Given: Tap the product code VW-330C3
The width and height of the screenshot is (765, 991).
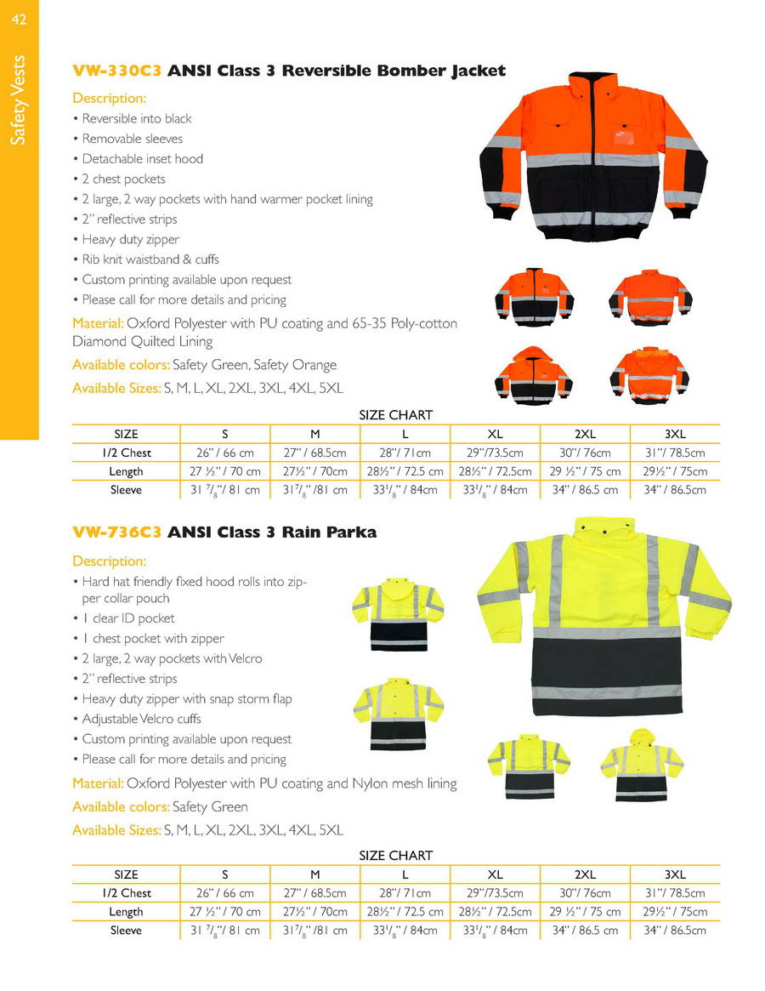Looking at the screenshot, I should tap(117, 71).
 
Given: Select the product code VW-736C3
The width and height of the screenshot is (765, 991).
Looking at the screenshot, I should tap(117, 533).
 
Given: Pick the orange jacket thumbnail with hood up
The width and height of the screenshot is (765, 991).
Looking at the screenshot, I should tap(534, 374).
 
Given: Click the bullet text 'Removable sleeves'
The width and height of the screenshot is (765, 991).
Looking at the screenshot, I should tap(132, 139).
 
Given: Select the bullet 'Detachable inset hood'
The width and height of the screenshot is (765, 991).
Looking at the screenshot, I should tap(142, 159).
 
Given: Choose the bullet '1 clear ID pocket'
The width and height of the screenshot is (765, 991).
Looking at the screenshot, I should tap(128, 618).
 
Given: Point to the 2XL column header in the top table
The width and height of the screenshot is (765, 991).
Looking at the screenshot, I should tap(586, 434).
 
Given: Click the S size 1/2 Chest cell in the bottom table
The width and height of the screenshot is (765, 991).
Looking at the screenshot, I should tap(224, 893).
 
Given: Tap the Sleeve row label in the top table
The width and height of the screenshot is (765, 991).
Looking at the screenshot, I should tap(126, 490).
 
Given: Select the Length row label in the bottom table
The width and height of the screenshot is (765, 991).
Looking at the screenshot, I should tap(126, 912).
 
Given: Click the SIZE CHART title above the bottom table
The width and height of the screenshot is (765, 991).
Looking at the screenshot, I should tap(395, 856).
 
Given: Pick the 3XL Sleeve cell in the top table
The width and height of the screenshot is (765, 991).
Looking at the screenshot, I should tap(675, 490).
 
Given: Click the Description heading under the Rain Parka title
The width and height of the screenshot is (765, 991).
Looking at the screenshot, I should tap(109, 561).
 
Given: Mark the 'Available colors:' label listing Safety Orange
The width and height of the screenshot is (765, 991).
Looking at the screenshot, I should tap(121, 365).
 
